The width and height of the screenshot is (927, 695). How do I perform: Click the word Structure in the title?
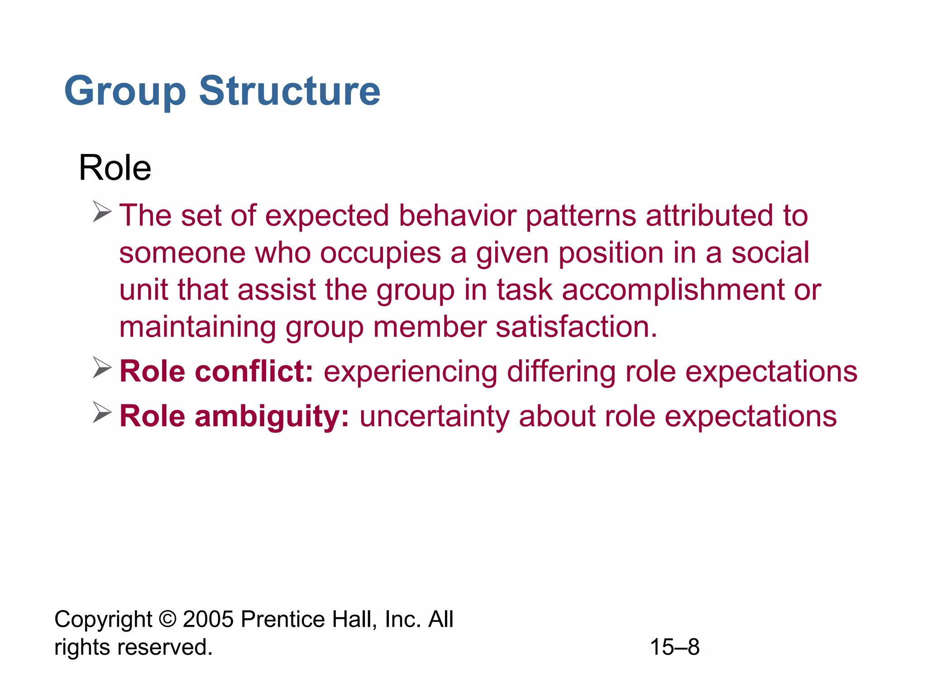pyautogui.click(x=290, y=91)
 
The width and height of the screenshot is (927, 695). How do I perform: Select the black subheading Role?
pyautogui.click(x=115, y=168)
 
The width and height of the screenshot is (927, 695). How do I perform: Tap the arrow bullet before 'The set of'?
pyautogui.click(x=102, y=212)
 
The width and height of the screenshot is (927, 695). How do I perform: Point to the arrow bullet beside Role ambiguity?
pyautogui.click(x=102, y=412)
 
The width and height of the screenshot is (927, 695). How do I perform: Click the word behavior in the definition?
pyautogui.click(x=457, y=215)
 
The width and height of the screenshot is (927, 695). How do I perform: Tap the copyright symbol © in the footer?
pyautogui.click(x=167, y=619)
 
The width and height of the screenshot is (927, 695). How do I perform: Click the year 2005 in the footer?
pyautogui.click(x=208, y=619)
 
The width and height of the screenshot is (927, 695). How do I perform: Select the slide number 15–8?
pyautogui.click(x=674, y=647)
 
